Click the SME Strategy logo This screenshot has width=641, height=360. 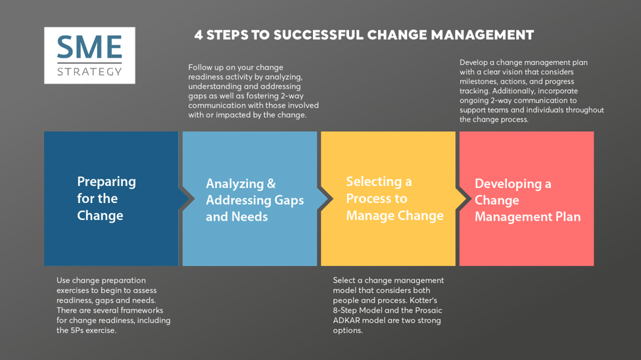pos(89,55)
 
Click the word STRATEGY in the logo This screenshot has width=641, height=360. pos(89,71)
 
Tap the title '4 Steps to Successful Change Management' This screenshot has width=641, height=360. pos(364,35)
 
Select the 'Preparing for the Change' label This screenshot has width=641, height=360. pos(107,198)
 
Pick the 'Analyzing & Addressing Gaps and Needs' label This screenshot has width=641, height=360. pos(254,200)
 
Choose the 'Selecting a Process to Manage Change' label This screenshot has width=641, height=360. pos(394,198)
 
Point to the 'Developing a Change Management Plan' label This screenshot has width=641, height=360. pos(527,200)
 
